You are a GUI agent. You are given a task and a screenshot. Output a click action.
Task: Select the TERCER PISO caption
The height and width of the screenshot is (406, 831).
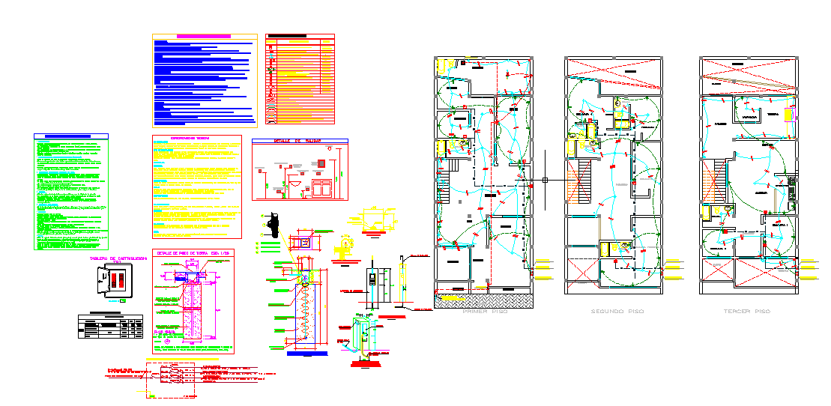(x=747, y=311)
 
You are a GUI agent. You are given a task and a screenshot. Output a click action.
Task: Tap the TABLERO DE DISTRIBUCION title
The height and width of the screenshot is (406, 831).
(x=116, y=258)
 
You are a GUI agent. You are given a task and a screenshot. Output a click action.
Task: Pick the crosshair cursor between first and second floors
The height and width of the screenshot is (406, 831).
(x=545, y=180)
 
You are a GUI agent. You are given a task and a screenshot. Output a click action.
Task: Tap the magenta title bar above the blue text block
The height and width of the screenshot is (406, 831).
(x=203, y=36)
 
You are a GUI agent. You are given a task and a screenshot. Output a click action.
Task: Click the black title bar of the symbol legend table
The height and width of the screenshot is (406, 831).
(x=288, y=36)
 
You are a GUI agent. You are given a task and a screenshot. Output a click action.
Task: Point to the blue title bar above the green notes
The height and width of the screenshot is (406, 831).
(x=71, y=136)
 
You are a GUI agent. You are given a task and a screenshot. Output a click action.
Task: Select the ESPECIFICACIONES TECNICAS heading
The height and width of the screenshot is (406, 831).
(x=196, y=138)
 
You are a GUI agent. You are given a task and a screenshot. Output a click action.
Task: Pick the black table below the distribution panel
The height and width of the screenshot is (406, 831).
(x=111, y=326)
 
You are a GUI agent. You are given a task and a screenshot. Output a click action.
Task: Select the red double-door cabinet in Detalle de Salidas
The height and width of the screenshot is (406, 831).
(x=324, y=188)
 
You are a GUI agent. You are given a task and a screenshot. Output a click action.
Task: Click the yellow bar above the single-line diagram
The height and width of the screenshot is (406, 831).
(x=182, y=360)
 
